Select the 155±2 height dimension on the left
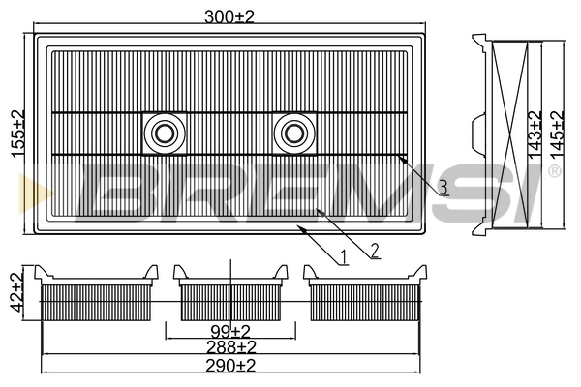click(x=15, y=134)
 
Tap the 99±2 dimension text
click(x=230, y=330)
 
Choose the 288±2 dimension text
click(x=230, y=346)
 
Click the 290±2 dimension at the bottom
click(x=230, y=365)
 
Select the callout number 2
click(x=375, y=251)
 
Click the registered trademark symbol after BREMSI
click(x=554, y=171)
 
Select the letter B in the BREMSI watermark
click(x=121, y=191)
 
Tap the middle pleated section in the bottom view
click(x=229, y=301)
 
